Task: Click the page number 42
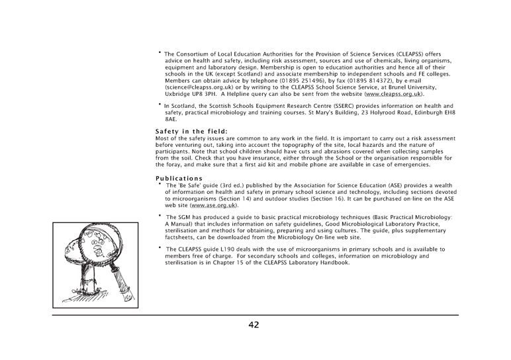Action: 255,324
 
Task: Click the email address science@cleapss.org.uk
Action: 195,88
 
